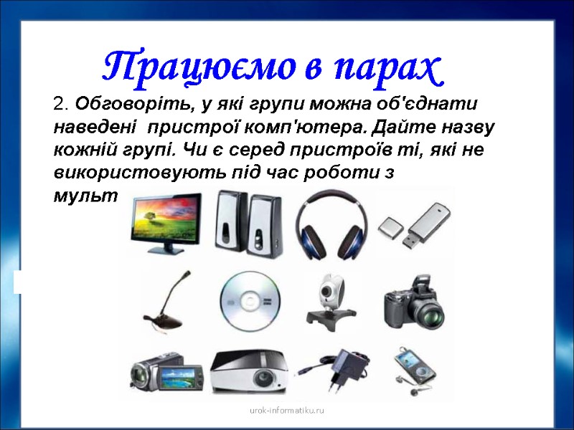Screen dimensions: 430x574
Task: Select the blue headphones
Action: [x=331, y=223]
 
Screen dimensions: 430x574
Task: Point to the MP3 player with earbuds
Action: [x=412, y=370]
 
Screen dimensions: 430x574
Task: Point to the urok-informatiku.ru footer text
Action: [x=287, y=411]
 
